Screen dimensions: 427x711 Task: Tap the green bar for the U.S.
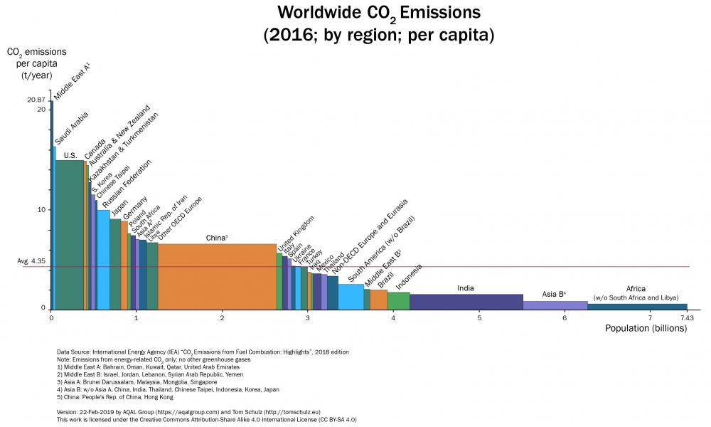(69, 235)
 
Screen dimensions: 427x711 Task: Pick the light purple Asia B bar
(555, 305)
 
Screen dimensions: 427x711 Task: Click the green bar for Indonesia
(398, 300)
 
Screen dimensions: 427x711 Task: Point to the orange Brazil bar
(379, 300)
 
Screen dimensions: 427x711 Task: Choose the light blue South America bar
(351, 297)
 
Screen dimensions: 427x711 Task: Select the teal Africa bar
(637, 307)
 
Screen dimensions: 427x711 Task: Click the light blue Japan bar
(104, 260)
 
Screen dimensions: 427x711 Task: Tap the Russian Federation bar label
(128, 181)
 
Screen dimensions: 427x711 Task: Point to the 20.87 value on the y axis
(36, 100)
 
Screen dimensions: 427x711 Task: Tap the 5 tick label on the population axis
(479, 318)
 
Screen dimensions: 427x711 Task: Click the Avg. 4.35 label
(31, 262)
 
